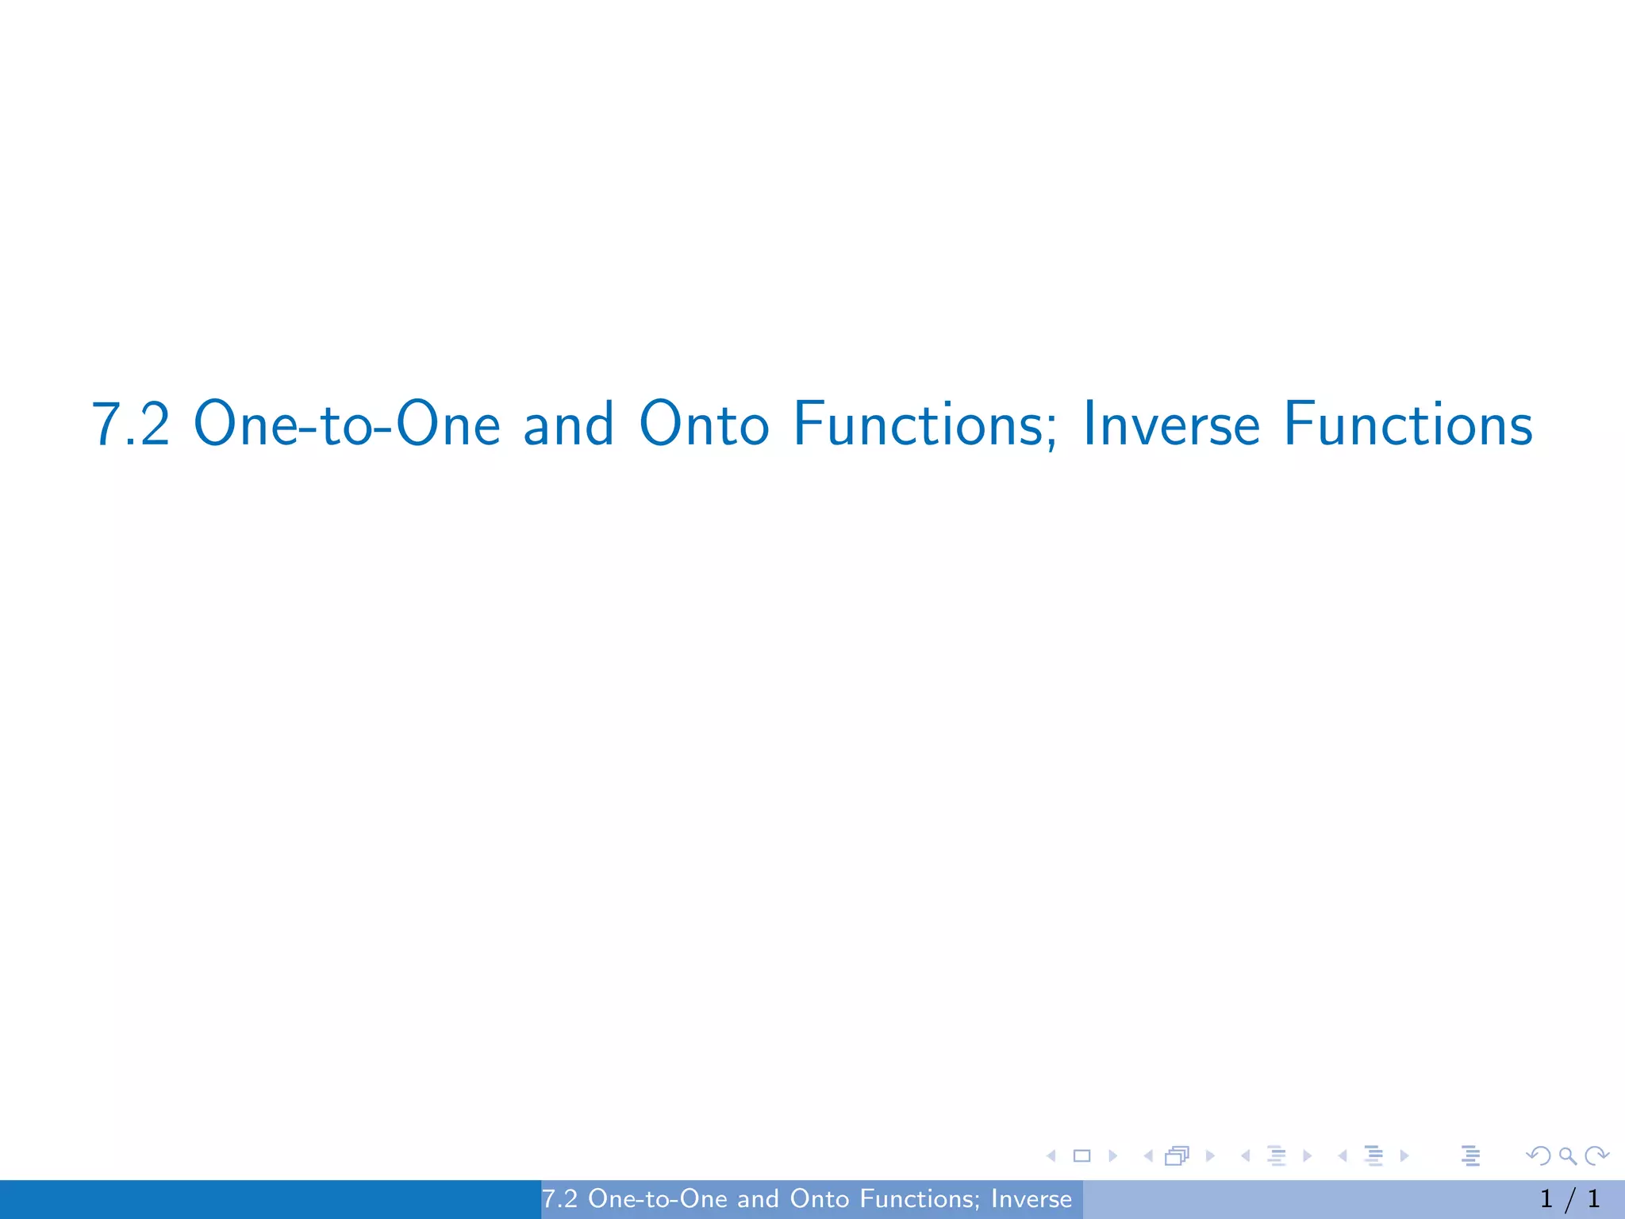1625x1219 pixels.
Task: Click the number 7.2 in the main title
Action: (131, 425)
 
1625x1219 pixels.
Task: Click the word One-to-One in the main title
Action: (347, 425)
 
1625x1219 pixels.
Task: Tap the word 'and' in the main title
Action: (568, 425)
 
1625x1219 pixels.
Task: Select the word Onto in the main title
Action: (704, 425)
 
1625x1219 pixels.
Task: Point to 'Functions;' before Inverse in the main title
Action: (925, 425)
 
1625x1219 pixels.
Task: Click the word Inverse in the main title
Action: (1171, 425)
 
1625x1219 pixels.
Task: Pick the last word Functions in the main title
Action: (1408, 425)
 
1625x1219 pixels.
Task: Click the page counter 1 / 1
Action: (1569, 1199)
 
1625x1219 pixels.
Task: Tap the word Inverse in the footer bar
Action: (1031, 1199)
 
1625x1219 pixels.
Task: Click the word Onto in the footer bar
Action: (820, 1199)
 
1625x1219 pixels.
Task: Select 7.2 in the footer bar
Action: (559, 1199)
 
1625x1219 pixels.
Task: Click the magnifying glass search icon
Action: (1567, 1156)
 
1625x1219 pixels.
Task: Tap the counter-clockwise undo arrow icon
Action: (1539, 1156)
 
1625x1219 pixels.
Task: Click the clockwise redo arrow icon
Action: (1596, 1156)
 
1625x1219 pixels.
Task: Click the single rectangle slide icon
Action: (1081, 1156)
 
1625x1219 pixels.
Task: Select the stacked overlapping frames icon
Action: (1177, 1156)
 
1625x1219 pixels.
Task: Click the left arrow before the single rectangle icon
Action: (1051, 1156)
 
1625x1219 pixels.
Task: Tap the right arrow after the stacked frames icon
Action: (1210, 1156)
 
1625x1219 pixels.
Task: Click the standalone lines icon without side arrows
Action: (1470, 1156)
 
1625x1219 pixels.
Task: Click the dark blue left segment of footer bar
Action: (270, 1199)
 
